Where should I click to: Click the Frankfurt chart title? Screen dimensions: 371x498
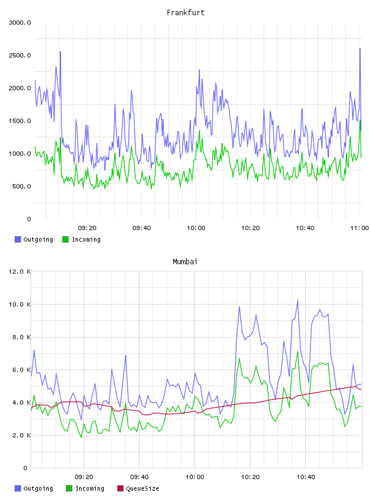[x=185, y=13]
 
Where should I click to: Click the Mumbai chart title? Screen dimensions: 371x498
[x=185, y=262]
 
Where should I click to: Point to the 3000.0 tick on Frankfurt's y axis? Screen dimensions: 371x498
[x=20, y=23]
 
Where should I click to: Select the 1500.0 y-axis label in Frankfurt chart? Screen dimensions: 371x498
[x=20, y=121]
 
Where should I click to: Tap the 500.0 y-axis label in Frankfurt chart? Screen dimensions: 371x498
[x=21, y=186]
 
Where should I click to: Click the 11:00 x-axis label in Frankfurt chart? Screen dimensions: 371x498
[x=359, y=228]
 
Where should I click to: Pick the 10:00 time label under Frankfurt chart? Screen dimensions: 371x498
[x=196, y=228]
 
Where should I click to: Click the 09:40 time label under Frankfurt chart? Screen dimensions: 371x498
[x=142, y=228]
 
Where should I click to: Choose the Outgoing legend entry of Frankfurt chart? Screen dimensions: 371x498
[x=34, y=239]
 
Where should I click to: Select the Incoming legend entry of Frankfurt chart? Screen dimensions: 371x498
[x=81, y=239]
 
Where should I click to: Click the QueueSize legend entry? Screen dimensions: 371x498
[x=138, y=488]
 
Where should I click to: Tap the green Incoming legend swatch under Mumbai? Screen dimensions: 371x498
[x=69, y=488]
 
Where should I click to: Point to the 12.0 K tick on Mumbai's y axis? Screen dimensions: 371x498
[x=20, y=272]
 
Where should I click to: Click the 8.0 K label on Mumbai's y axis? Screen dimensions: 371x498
[x=21, y=337]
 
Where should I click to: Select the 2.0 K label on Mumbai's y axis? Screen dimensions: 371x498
[x=21, y=435]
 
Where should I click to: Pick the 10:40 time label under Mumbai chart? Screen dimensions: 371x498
[x=306, y=477]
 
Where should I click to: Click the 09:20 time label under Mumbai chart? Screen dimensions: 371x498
[x=84, y=477]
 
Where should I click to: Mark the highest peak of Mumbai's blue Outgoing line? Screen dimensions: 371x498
[x=298, y=300]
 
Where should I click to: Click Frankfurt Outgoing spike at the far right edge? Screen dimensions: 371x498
[x=360, y=49]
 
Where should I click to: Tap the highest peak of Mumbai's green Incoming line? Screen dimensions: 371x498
[x=298, y=352]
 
